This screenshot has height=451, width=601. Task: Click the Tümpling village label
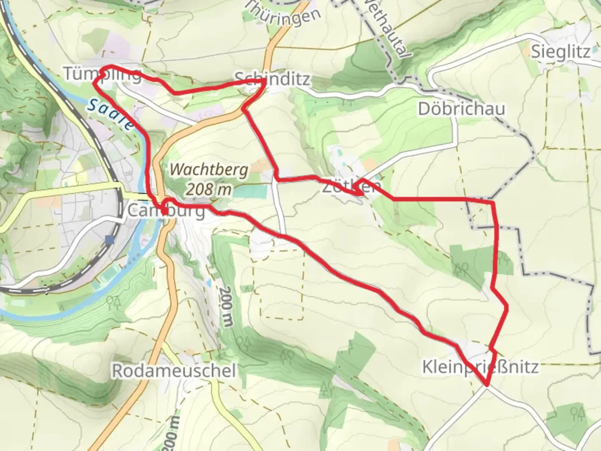[102, 74]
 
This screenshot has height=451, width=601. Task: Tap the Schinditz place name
[272, 78]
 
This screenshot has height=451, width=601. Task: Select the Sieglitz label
[561, 52]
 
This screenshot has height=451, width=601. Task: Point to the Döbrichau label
[462, 109]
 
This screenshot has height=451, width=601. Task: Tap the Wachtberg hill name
[209, 170]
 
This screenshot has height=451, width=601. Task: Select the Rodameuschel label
[174, 370]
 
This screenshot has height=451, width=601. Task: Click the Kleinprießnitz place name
[480, 367]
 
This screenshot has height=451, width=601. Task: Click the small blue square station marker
[110, 240]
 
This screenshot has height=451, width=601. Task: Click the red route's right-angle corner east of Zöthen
[493, 202]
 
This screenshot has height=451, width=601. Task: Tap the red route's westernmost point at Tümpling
[94, 84]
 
